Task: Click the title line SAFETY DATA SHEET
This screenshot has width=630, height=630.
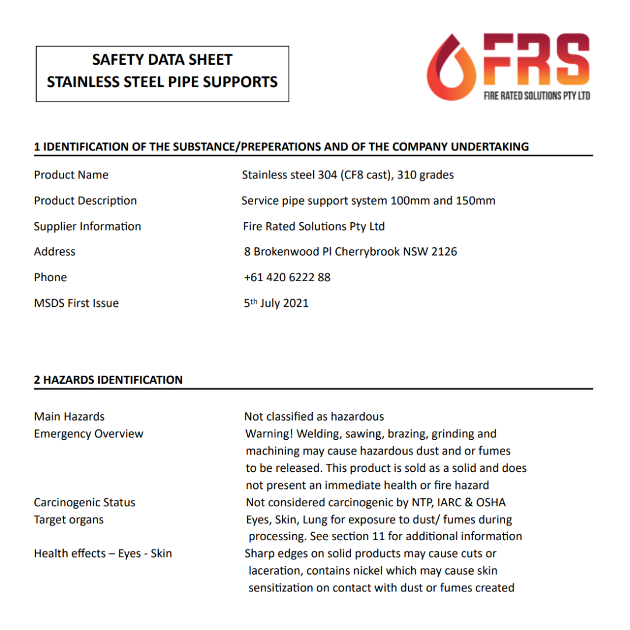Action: coord(162,60)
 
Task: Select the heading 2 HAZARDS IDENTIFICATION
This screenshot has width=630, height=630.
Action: coord(108,380)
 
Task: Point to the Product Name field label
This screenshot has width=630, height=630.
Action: coord(71,175)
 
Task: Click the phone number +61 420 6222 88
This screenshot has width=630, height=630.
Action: coord(287,278)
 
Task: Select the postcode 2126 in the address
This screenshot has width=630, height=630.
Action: coord(444,252)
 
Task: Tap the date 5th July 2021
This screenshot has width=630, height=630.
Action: coord(276,303)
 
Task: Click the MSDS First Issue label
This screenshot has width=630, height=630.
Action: coord(76,303)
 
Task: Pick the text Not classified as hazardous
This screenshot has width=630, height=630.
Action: coord(314,416)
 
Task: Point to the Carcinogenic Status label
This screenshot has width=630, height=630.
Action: coord(85,503)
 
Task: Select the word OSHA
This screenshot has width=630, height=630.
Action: coord(491,503)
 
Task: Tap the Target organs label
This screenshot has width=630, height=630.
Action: coord(69,520)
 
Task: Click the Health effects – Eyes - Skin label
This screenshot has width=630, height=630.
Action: coord(103,554)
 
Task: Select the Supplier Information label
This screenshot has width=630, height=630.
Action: coord(87,226)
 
